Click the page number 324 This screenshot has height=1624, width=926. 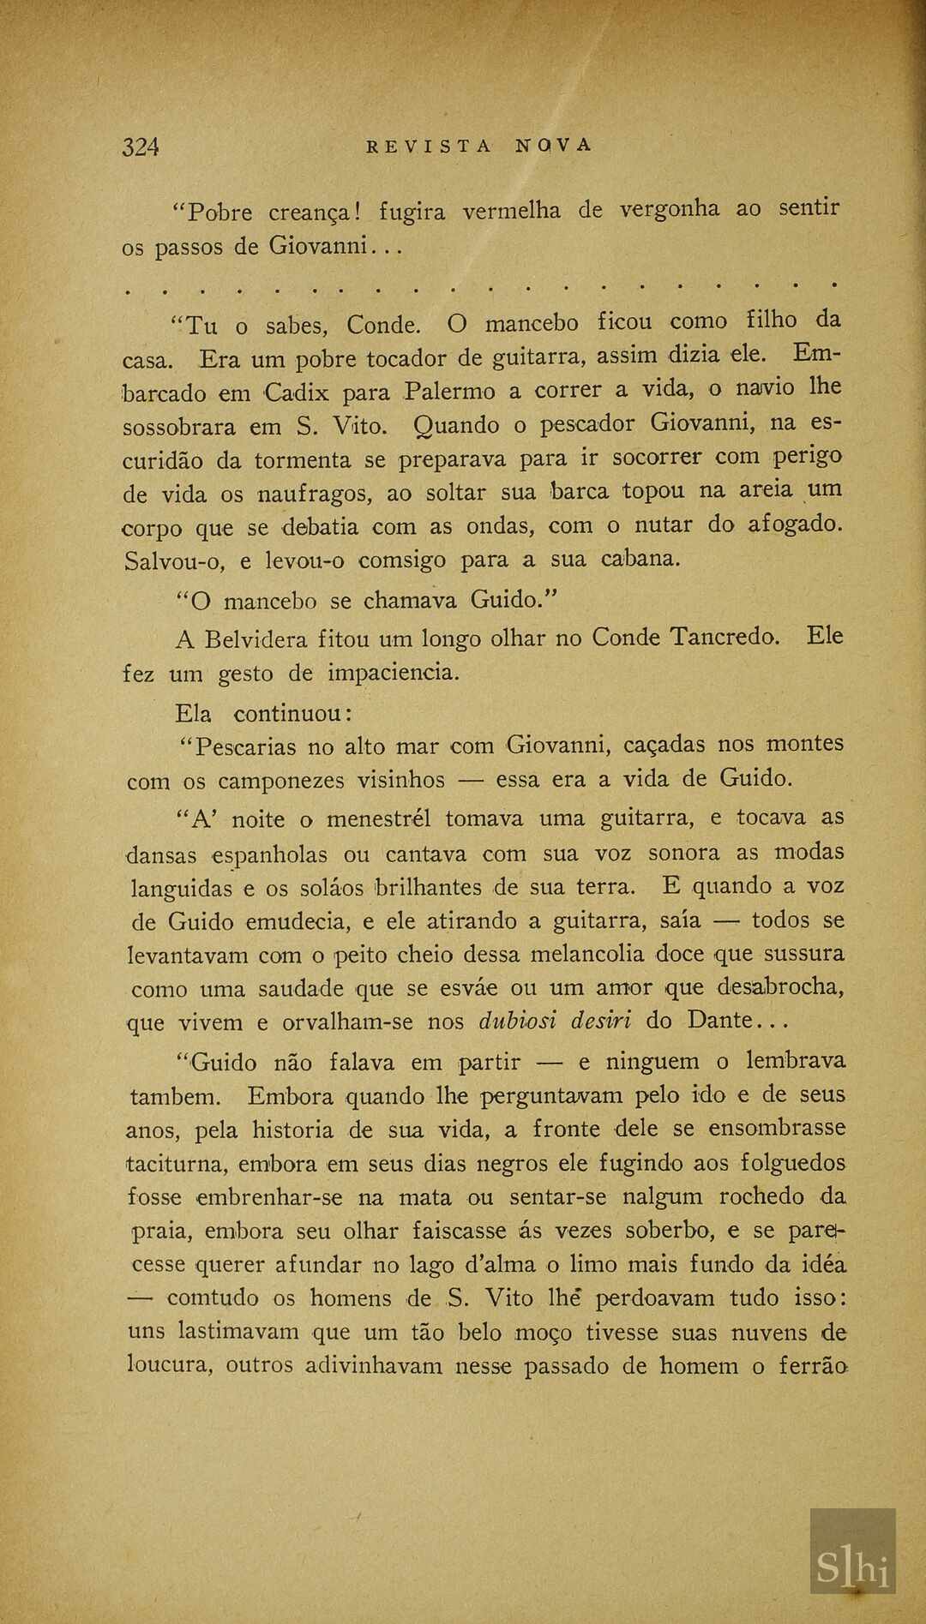coord(141,147)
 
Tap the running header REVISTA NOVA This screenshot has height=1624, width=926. coord(478,145)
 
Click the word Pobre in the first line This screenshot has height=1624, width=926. coord(220,212)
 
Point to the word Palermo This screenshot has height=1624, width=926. coord(449,392)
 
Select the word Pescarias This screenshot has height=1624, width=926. coord(245,746)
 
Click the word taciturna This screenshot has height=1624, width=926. coord(177,1164)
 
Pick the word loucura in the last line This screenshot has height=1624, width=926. coord(168,1365)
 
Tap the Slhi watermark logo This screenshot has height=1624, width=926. coord(852,1567)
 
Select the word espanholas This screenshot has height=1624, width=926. coord(270,855)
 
